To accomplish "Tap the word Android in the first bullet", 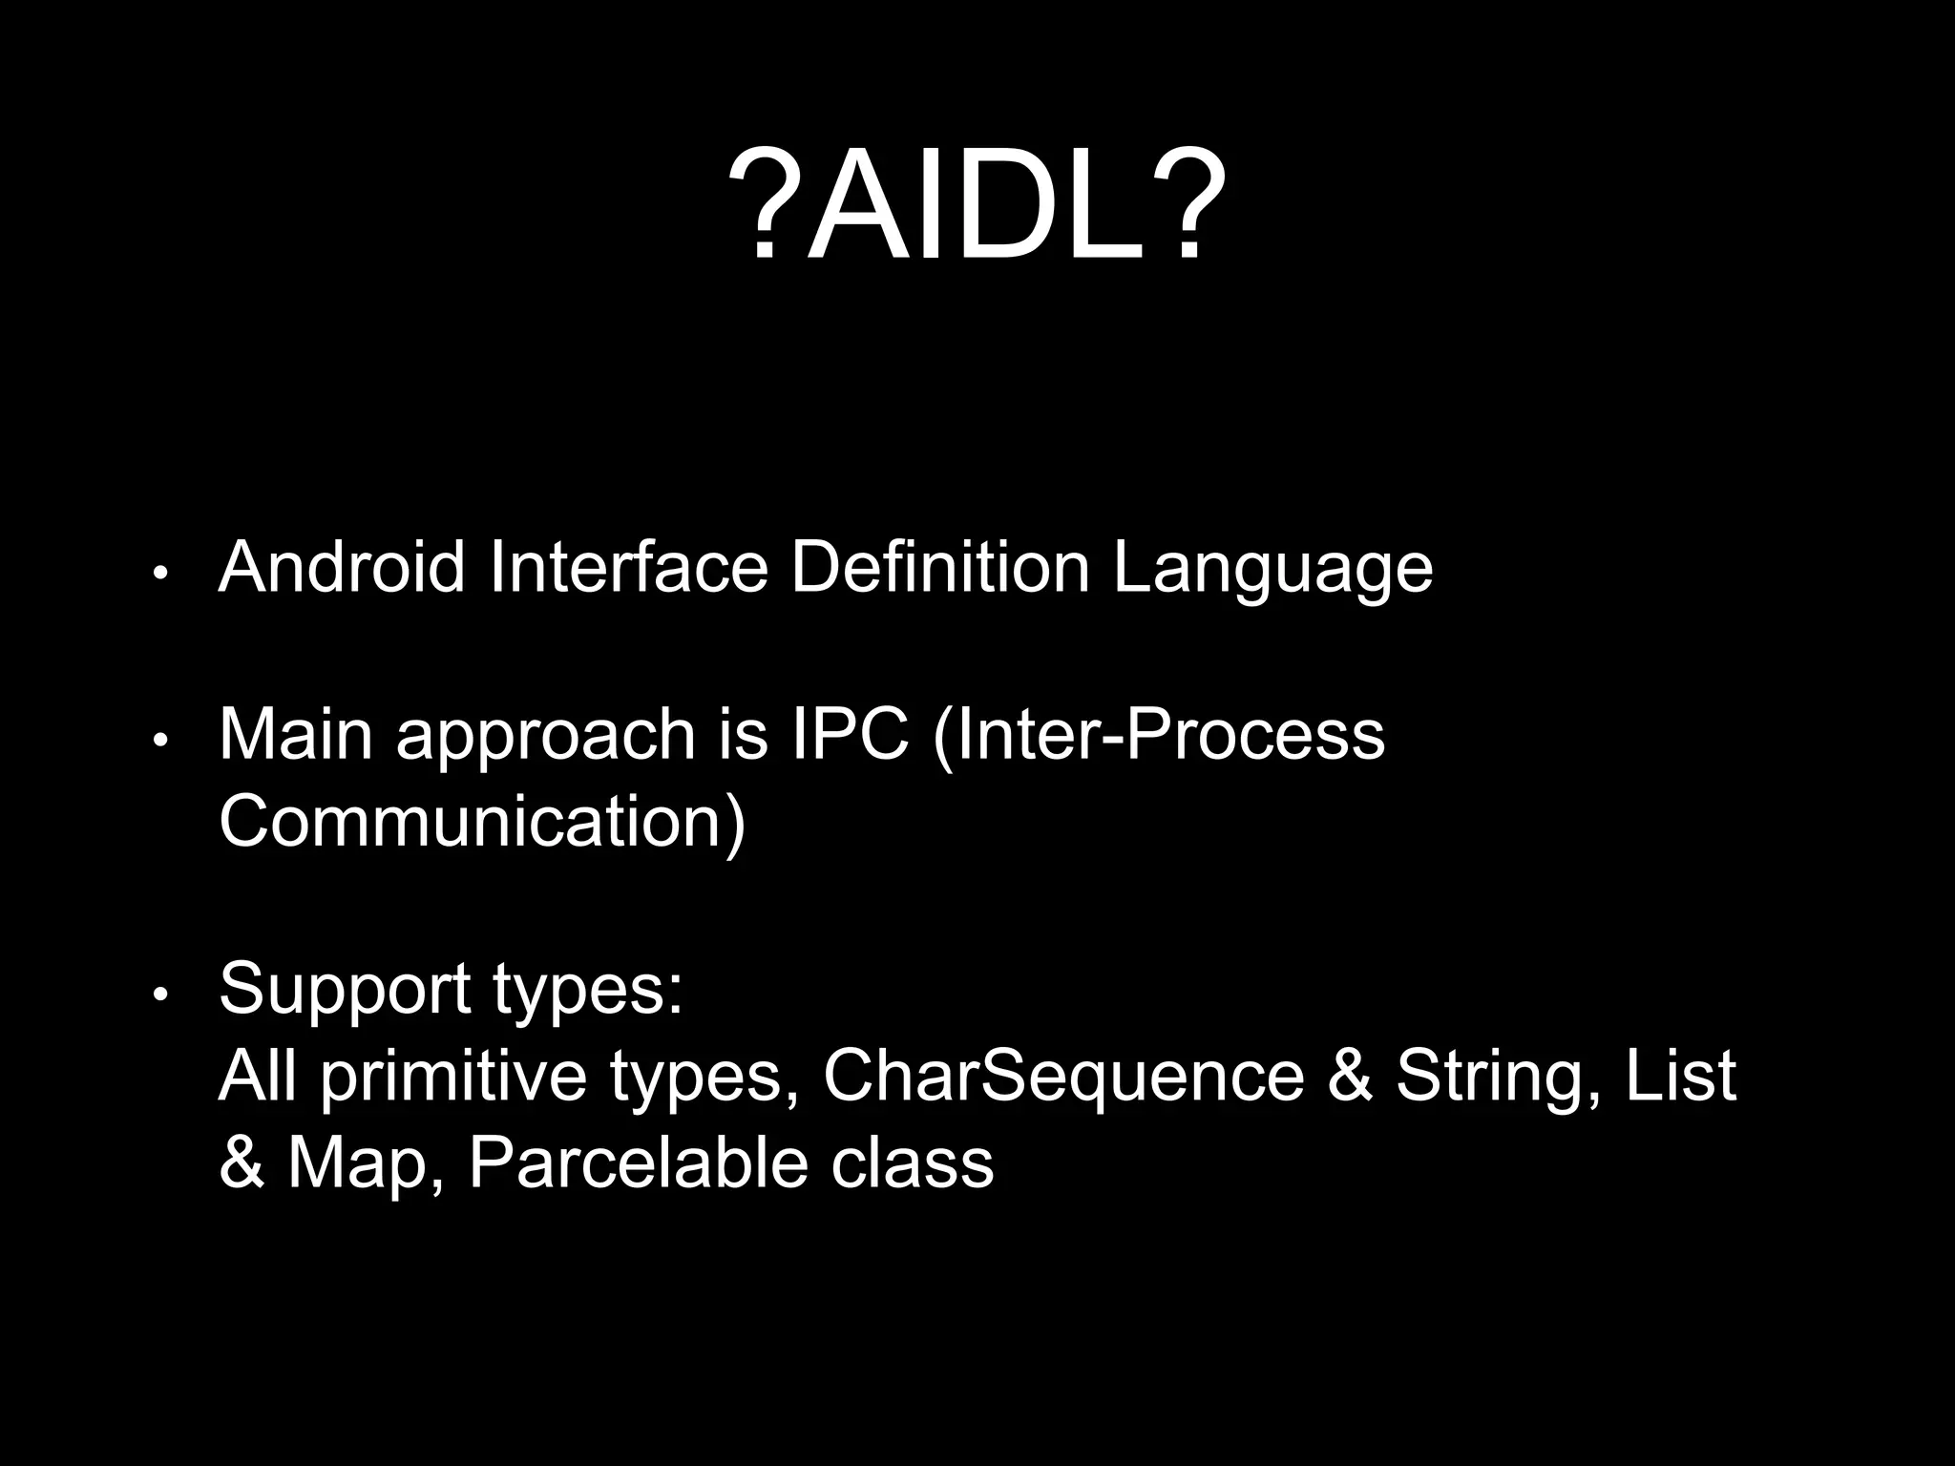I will [341, 568].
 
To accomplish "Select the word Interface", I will [628, 568].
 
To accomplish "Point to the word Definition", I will [940, 568].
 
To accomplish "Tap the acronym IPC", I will [851, 735].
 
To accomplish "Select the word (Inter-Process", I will [1158, 735].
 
